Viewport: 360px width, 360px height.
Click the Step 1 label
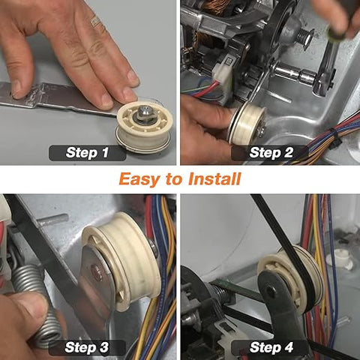(x=87, y=152)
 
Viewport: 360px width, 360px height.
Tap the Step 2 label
(x=271, y=152)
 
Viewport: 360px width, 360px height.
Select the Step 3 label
(x=87, y=347)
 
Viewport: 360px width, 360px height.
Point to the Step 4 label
(x=271, y=347)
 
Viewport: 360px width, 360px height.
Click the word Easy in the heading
(x=139, y=180)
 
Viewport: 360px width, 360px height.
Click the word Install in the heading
(x=214, y=178)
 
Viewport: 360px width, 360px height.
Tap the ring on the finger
(x=95, y=21)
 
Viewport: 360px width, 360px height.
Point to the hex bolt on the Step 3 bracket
(x=97, y=270)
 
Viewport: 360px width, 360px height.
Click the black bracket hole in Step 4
(x=271, y=291)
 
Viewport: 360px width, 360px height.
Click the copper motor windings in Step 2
(x=215, y=7)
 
